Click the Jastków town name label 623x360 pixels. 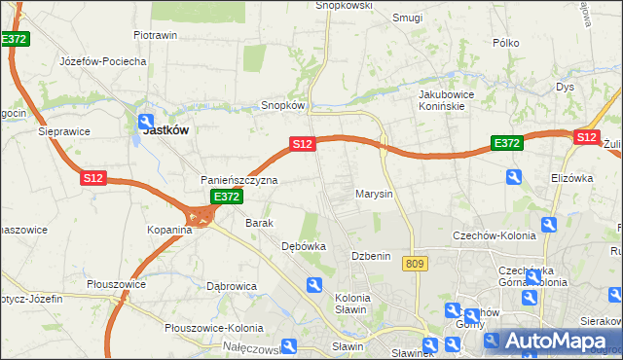[165, 128]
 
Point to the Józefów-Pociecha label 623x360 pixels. [102, 61]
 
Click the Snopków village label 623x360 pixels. [283, 105]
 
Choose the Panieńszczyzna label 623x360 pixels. [239, 180]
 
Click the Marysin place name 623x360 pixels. [374, 194]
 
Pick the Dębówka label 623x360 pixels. [303, 247]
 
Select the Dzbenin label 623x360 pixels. [370, 256]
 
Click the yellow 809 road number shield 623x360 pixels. [418, 264]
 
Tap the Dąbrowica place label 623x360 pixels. [232, 286]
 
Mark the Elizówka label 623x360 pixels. [571, 178]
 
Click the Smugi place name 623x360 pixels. [406, 18]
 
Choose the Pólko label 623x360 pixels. [505, 43]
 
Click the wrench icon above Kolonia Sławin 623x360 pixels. [313, 285]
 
